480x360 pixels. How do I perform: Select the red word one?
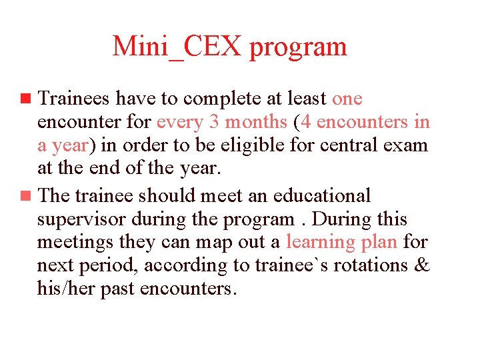[x=347, y=99]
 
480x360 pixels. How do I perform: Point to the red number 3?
[x=232, y=123]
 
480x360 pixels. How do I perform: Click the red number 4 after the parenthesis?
[x=303, y=123]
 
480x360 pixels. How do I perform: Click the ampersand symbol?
[x=421, y=266]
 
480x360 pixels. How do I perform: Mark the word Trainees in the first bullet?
[x=75, y=99]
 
